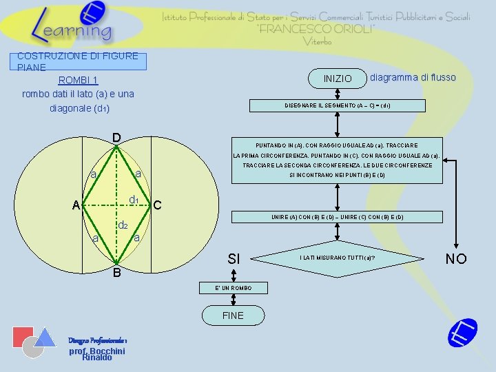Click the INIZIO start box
[338, 79]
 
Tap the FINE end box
[233, 315]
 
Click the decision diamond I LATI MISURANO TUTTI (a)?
[337, 258]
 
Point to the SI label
[234, 259]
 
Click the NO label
[456, 259]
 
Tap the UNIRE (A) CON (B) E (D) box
[338, 217]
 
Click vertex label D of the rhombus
[116, 138]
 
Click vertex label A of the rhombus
[76, 205]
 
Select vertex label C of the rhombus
[157, 205]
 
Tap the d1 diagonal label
[135, 200]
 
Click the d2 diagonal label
[123, 225]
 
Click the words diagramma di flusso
[413, 77]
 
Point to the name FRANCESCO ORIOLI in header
[316, 29]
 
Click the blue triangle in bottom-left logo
[45, 337]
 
